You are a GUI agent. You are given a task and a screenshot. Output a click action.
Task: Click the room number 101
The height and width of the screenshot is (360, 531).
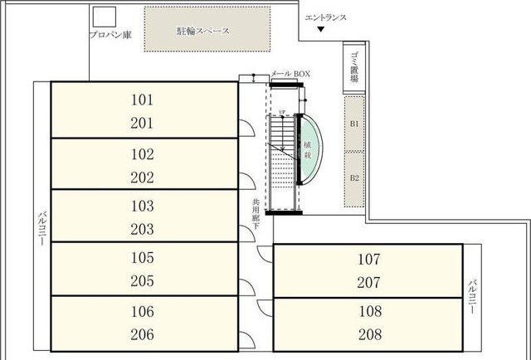[143, 100]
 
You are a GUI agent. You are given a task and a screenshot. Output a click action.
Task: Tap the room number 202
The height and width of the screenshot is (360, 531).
[143, 177]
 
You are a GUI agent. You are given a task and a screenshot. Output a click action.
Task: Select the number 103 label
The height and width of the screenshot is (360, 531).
[143, 205]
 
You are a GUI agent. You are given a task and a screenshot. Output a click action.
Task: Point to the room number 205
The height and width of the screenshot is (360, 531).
[143, 280]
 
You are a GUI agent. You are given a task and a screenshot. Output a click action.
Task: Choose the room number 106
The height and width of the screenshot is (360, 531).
[143, 311]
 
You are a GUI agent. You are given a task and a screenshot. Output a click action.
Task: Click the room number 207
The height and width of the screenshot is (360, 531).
[369, 282]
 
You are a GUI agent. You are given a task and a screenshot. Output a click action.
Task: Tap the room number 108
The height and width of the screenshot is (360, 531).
[369, 312]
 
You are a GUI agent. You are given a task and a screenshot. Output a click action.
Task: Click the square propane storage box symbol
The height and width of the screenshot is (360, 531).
[104, 17]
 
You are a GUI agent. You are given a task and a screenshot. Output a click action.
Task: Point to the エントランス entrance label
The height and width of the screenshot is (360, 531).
[325, 17]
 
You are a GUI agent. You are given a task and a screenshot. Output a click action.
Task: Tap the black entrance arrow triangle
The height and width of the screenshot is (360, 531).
[321, 31]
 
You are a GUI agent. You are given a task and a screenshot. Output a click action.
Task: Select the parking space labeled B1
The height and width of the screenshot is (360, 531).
[354, 124]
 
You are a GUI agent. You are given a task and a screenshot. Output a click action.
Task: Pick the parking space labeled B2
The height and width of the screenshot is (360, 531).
[354, 178]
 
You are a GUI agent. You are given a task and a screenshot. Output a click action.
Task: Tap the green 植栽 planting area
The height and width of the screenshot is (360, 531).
[307, 149]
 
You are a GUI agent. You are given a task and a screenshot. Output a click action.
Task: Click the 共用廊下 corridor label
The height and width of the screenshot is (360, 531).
[257, 218]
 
